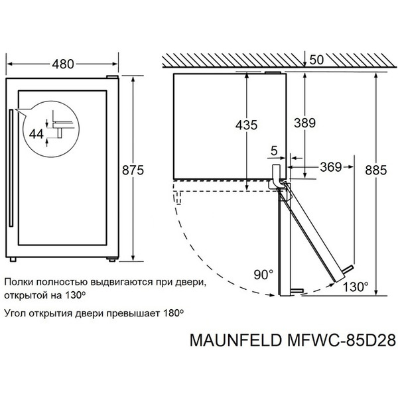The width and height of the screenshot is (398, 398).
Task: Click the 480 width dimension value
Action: (62, 64)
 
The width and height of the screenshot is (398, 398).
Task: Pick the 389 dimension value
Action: (303, 123)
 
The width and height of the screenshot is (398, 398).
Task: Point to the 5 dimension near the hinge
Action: (273, 150)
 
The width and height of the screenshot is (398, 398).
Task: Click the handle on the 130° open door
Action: (346, 269)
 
